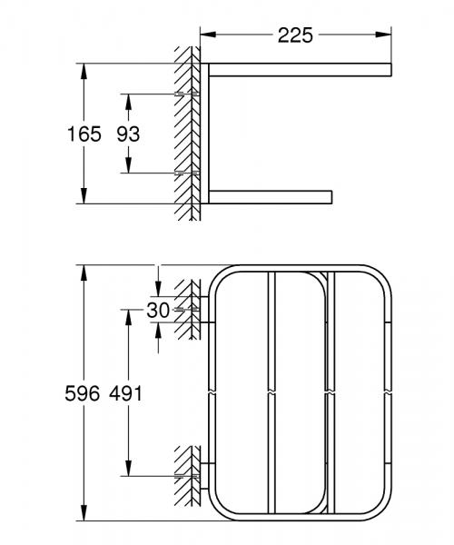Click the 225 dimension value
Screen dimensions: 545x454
pos(296,35)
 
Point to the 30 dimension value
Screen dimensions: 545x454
pos(158,310)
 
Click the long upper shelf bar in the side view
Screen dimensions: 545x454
pos(300,69)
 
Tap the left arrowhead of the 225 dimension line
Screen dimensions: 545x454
pos(205,35)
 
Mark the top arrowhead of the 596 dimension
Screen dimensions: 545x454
pos(84,270)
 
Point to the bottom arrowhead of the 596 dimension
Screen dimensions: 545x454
pos(84,515)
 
